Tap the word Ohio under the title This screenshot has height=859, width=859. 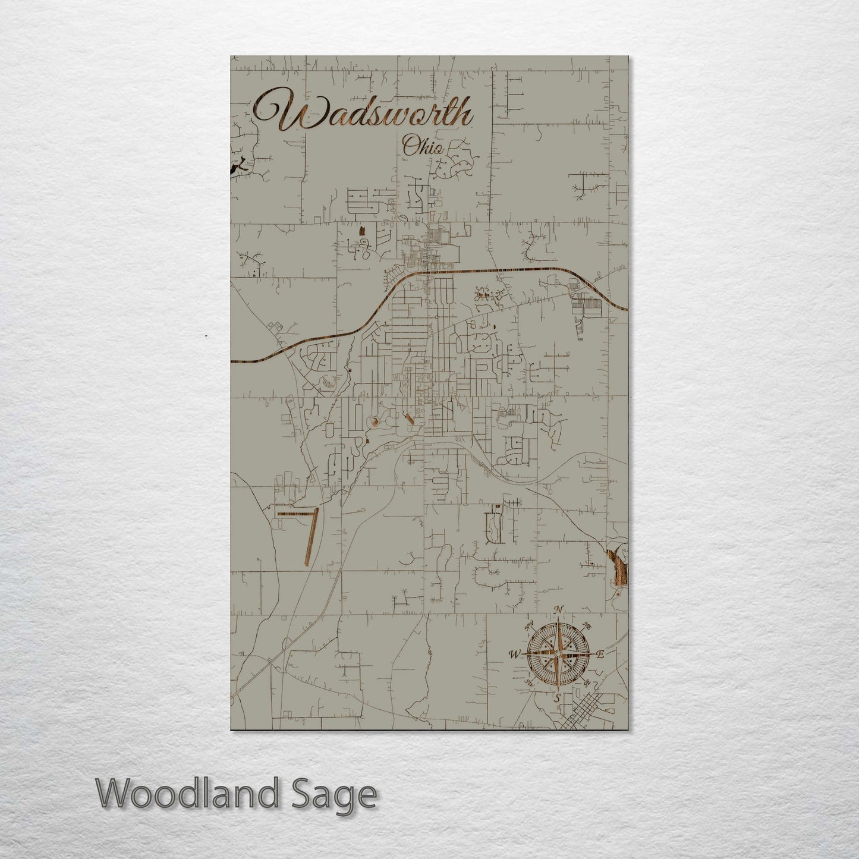tap(422, 146)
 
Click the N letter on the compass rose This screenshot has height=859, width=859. tap(558, 610)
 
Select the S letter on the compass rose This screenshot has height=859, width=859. tap(557, 698)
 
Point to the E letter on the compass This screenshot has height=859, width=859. tap(600, 655)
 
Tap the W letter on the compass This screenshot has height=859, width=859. tap(512, 655)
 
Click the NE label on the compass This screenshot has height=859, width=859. tap(587, 625)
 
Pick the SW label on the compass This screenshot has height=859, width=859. tap(527, 683)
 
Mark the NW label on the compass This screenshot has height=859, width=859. tap(527, 625)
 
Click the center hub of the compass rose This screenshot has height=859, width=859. tap(557, 654)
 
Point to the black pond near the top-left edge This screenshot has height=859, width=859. tap(239, 169)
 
